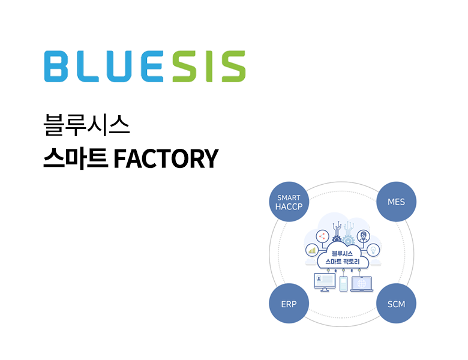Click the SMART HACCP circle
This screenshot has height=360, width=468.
pyautogui.click(x=289, y=202)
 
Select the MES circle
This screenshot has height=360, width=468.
pyautogui.click(x=396, y=202)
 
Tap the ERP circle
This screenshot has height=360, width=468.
pyautogui.click(x=289, y=304)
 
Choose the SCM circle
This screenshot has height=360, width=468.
pyautogui.click(x=396, y=304)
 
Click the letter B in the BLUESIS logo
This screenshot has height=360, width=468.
pyautogui.click(x=59, y=67)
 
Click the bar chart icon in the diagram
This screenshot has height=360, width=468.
pyautogui.click(x=312, y=250)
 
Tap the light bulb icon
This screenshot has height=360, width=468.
pyautogui.click(x=373, y=250)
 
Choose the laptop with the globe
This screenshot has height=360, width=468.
pyautogui.click(x=362, y=283)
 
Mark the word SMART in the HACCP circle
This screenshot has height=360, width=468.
pyautogui.click(x=289, y=197)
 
